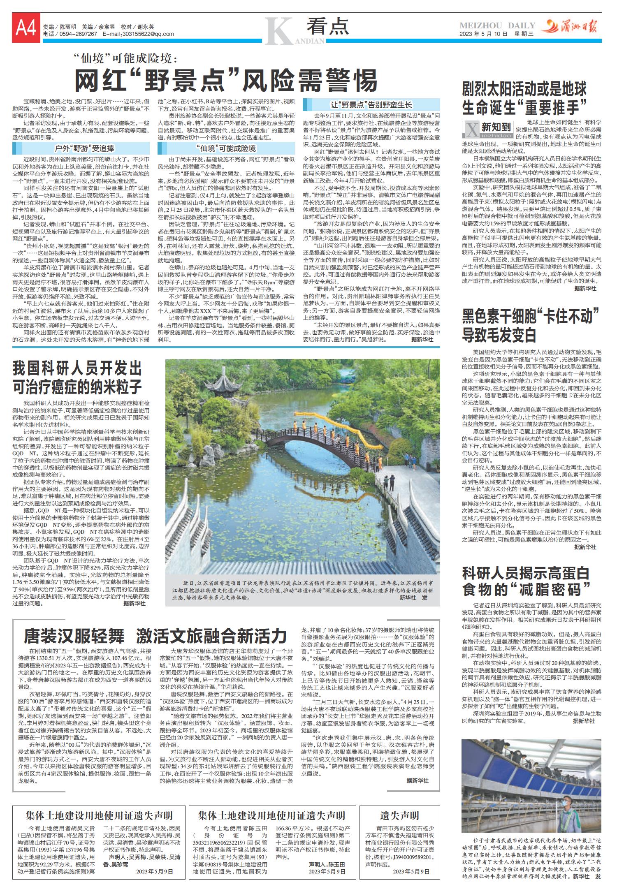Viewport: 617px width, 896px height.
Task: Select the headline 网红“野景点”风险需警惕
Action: point(226,80)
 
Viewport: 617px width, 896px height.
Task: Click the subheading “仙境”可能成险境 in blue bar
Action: point(226,148)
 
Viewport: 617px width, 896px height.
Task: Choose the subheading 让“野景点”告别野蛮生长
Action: point(371,105)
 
